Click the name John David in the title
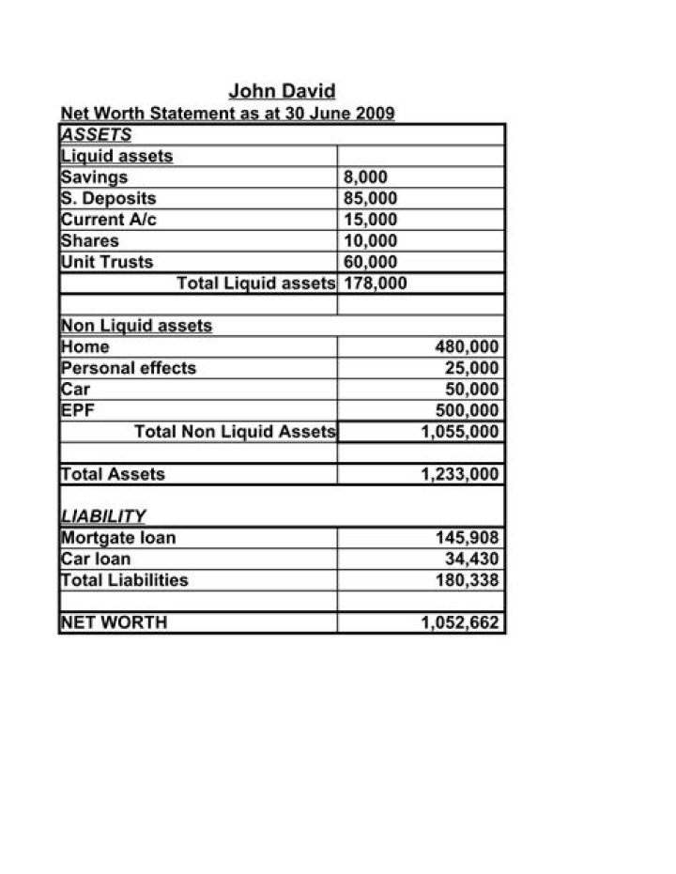click(282, 92)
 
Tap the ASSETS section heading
click(96, 134)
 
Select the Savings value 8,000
click(365, 176)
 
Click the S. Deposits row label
click(108, 198)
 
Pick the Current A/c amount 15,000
click(371, 220)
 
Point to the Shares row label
click(90, 240)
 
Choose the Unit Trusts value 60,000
click(371, 262)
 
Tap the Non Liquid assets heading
click(136, 326)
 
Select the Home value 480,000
click(467, 346)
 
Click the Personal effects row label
click(129, 368)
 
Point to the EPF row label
click(79, 410)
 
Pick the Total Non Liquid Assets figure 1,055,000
click(460, 432)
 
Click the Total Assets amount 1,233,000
click(460, 474)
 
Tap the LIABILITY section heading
click(103, 516)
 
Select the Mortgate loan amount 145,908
click(467, 538)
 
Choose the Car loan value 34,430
click(471, 559)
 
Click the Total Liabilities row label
click(124, 580)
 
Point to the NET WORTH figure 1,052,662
click(460, 622)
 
